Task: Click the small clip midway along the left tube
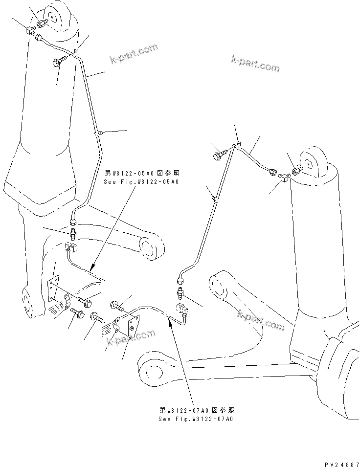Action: tap(99, 132)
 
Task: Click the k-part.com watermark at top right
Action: tap(255, 64)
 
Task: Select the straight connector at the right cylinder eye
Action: tap(296, 170)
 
